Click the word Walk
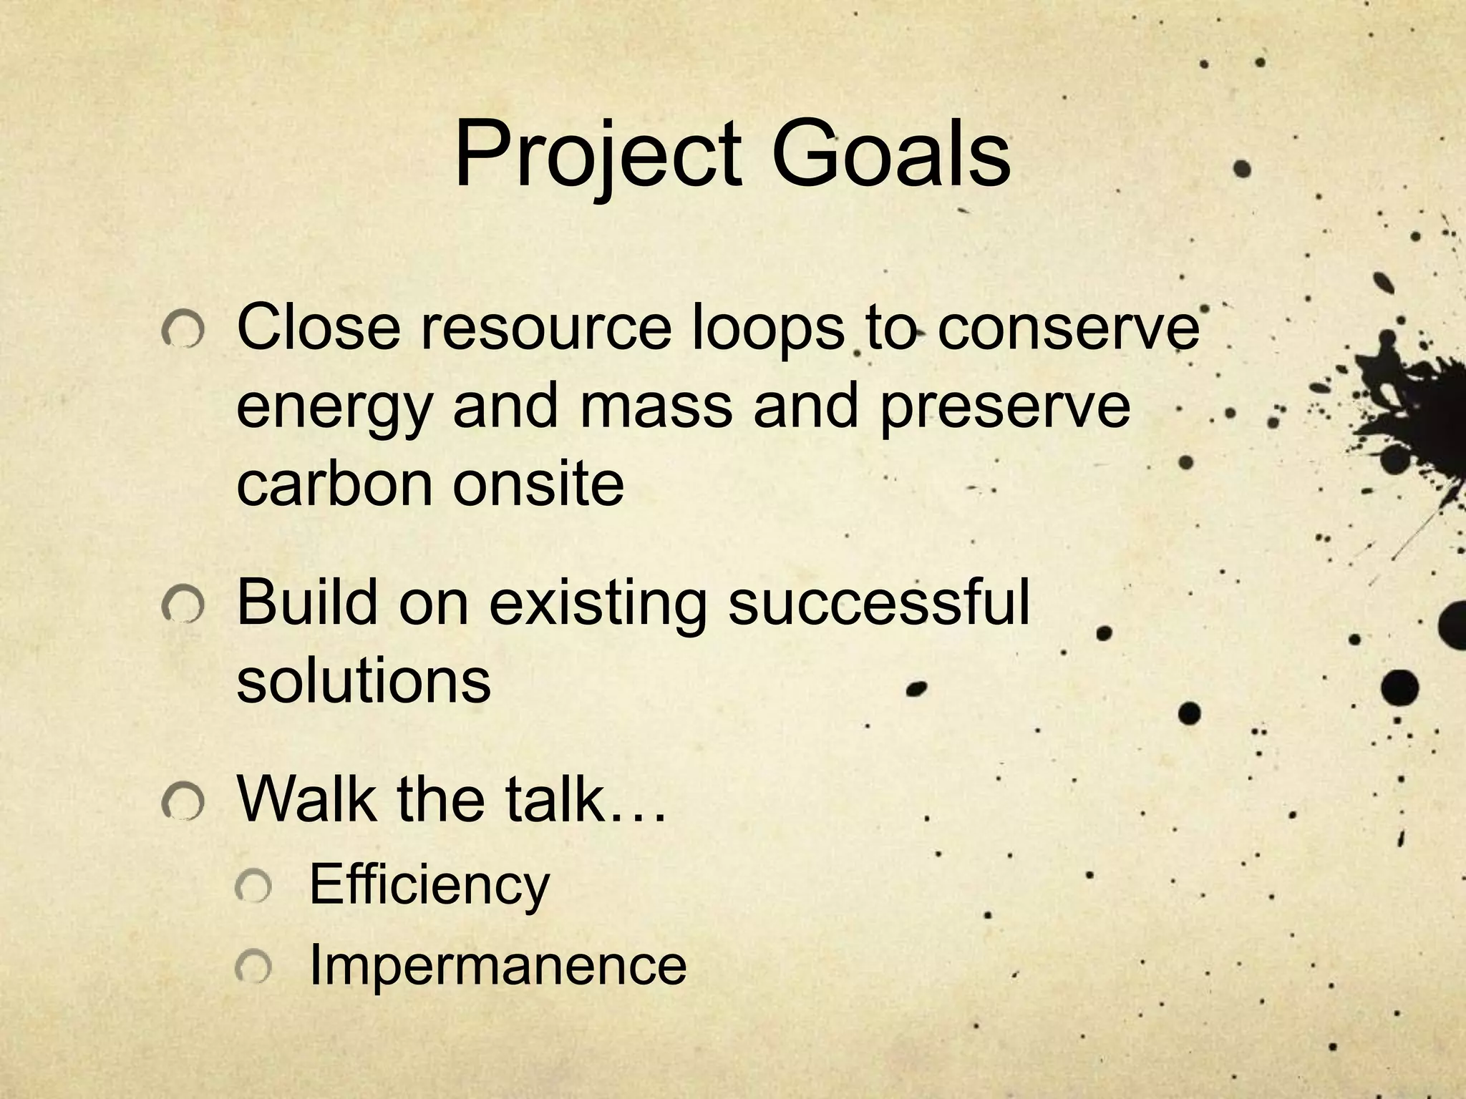(307, 798)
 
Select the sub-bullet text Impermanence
(497, 966)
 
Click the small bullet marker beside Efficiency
(253, 888)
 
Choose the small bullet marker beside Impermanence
(253, 967)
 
